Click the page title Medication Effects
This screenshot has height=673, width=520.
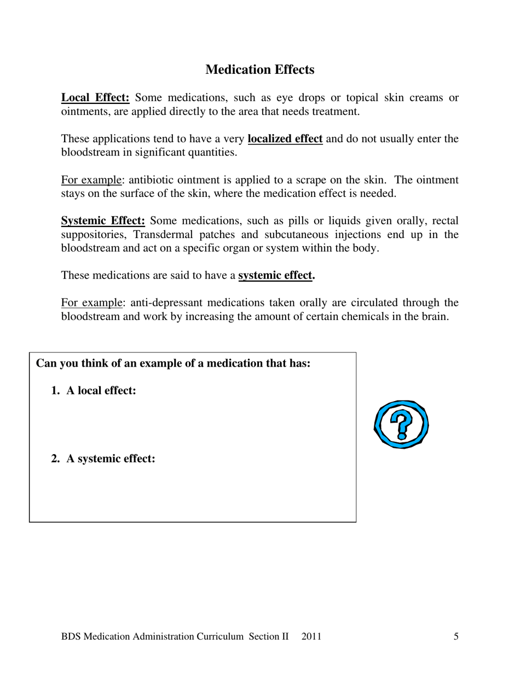coord(259,69)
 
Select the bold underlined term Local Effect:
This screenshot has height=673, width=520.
coord(95,98)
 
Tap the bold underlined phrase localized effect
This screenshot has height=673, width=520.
coord(285,138)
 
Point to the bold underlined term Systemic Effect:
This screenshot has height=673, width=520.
coord(103,221)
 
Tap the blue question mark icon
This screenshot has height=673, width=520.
coord(401,424)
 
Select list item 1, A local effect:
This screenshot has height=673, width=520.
coord(101,391)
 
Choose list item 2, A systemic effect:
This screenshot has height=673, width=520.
coord(111,459)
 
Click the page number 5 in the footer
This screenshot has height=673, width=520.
coord(456,636)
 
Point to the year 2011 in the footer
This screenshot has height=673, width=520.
coord(311,636)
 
